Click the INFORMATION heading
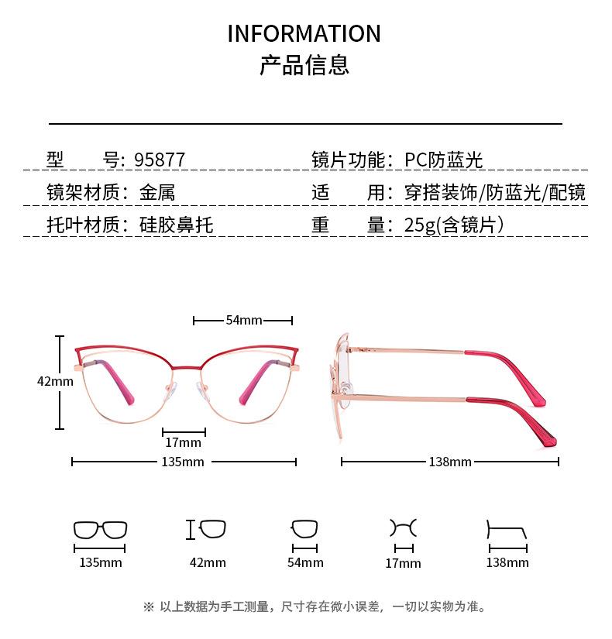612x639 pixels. tap(304, 34)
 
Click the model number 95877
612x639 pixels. tap(160, 160)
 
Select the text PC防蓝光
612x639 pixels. tap(444, 160)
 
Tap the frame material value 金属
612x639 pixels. tap(157, 193)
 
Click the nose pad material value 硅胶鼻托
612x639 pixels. tap(176, 225)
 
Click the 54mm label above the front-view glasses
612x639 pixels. tap(243, 320)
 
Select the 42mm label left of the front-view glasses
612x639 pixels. tap(55, 381)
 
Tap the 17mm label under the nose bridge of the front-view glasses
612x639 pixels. tap(184, 443)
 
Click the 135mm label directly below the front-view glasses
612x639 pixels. tap(183, 462)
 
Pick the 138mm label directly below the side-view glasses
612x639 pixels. tap(450, 462)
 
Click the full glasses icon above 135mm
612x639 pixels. tap(101, 530)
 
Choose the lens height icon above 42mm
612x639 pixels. tap(207, 530)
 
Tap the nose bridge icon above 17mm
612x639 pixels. tap(403, 528)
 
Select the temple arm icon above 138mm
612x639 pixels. tap(507, 531)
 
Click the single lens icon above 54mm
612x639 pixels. tap(304, 530)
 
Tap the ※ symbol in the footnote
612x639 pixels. tap(149, 606)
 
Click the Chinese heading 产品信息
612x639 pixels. tap(304, 65)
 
